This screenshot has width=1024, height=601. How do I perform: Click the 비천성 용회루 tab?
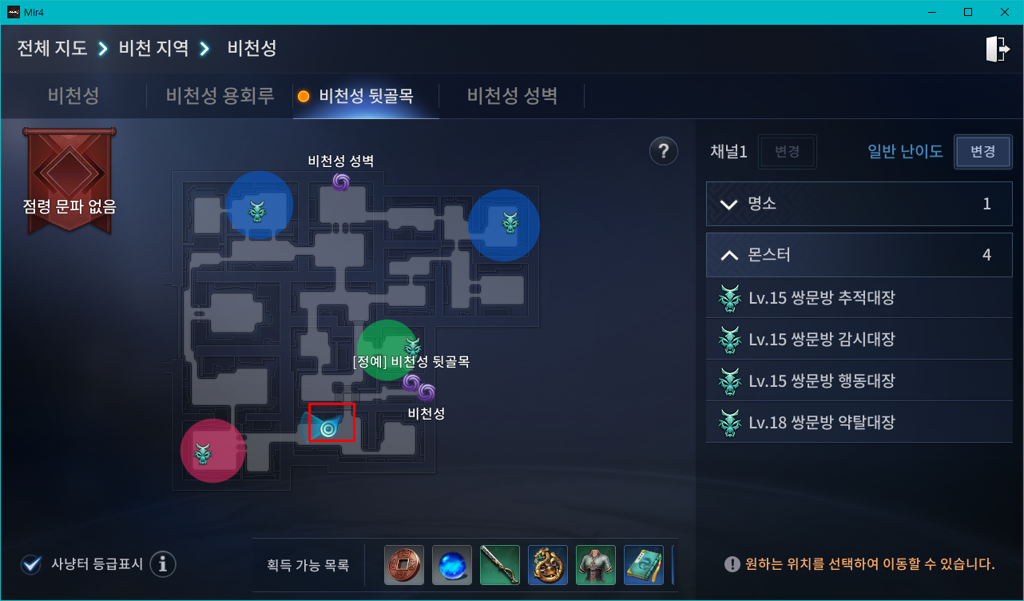click(x=220, y=96)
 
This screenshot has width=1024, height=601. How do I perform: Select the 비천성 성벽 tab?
click(x=512, y=96)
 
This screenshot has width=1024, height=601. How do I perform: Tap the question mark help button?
click(x=663, y=150)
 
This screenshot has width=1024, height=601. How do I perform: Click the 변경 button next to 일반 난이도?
click(x=982, y=152)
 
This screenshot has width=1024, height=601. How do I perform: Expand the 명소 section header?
click(x=859, y=204)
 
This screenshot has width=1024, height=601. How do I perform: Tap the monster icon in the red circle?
click(x=204, y=453)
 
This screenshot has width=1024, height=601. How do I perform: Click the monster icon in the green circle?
click(x=412, y=347)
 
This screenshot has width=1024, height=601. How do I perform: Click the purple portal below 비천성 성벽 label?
click(x=341, y=182)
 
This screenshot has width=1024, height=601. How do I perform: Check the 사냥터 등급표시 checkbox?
click(x=32, y=564)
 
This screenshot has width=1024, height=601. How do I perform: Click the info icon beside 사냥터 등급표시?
click(x=163, y=564)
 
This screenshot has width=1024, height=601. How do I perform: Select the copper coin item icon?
click(x=403, y=565)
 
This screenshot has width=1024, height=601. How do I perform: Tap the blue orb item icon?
click(x=452, y=565)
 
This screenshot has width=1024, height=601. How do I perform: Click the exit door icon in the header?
click(x=997, y=49)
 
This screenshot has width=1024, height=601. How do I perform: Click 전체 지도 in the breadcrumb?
click(x=52, y=48)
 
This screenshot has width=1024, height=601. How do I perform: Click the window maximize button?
click(x=967, y=12)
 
